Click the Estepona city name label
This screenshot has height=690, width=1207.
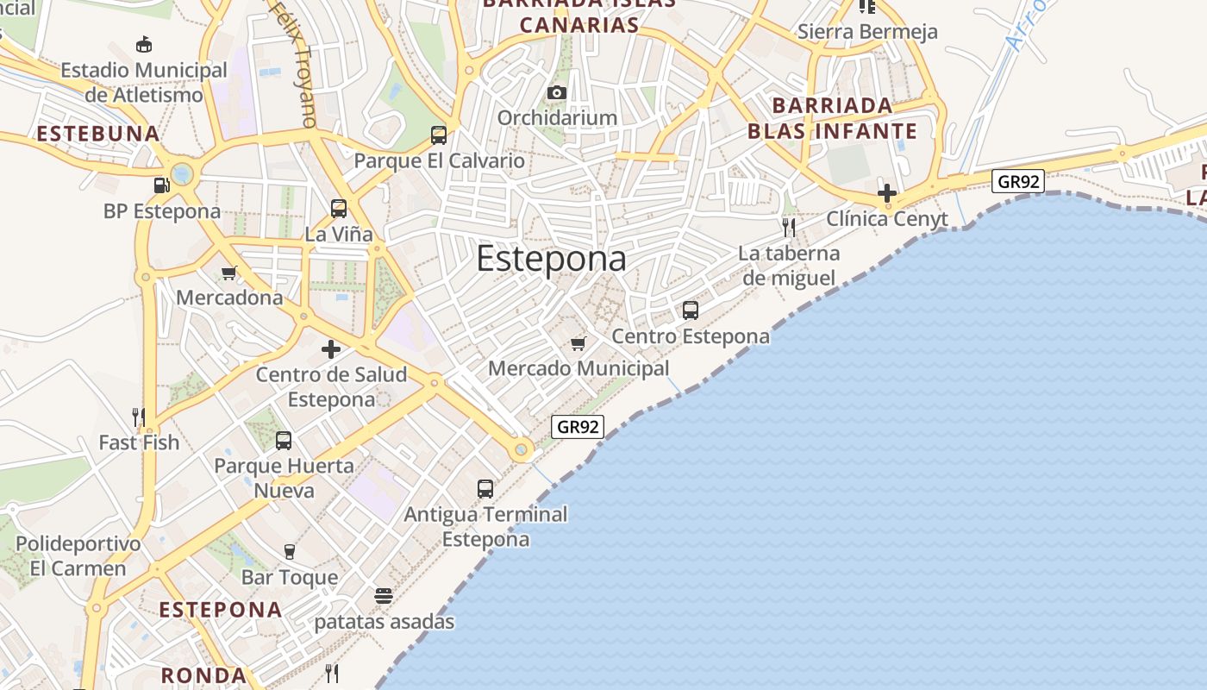coord(551,259)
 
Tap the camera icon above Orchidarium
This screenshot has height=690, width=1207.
coord(557,92)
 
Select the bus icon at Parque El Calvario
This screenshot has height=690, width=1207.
coord(439,135)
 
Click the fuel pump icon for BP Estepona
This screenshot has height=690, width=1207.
coord(161,185)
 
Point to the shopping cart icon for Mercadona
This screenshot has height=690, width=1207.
coord(229,273)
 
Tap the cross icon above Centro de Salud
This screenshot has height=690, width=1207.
coord(331,349)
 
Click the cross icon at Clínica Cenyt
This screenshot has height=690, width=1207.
coord(886,193)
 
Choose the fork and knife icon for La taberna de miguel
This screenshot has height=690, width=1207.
coord(789,228)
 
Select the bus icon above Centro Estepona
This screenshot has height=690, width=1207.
coord(691,310)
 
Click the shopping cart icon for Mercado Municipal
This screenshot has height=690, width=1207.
coord(578,343)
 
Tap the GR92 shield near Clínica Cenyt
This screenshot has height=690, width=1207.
coord(1018,181)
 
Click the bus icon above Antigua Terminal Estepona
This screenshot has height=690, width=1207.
coord(485,489)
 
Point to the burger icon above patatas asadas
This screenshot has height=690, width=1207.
coord(384,596)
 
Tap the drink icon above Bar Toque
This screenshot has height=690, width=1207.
coord(290,552)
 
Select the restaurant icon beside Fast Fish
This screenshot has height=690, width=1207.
coord(138,417)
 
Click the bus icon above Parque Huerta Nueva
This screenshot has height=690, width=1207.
coord(284,441)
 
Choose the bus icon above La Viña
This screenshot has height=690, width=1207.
coord(339,209)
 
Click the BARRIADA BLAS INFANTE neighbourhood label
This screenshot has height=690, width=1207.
coord(832,118)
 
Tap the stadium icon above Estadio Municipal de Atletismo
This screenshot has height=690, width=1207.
coord(144,45)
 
